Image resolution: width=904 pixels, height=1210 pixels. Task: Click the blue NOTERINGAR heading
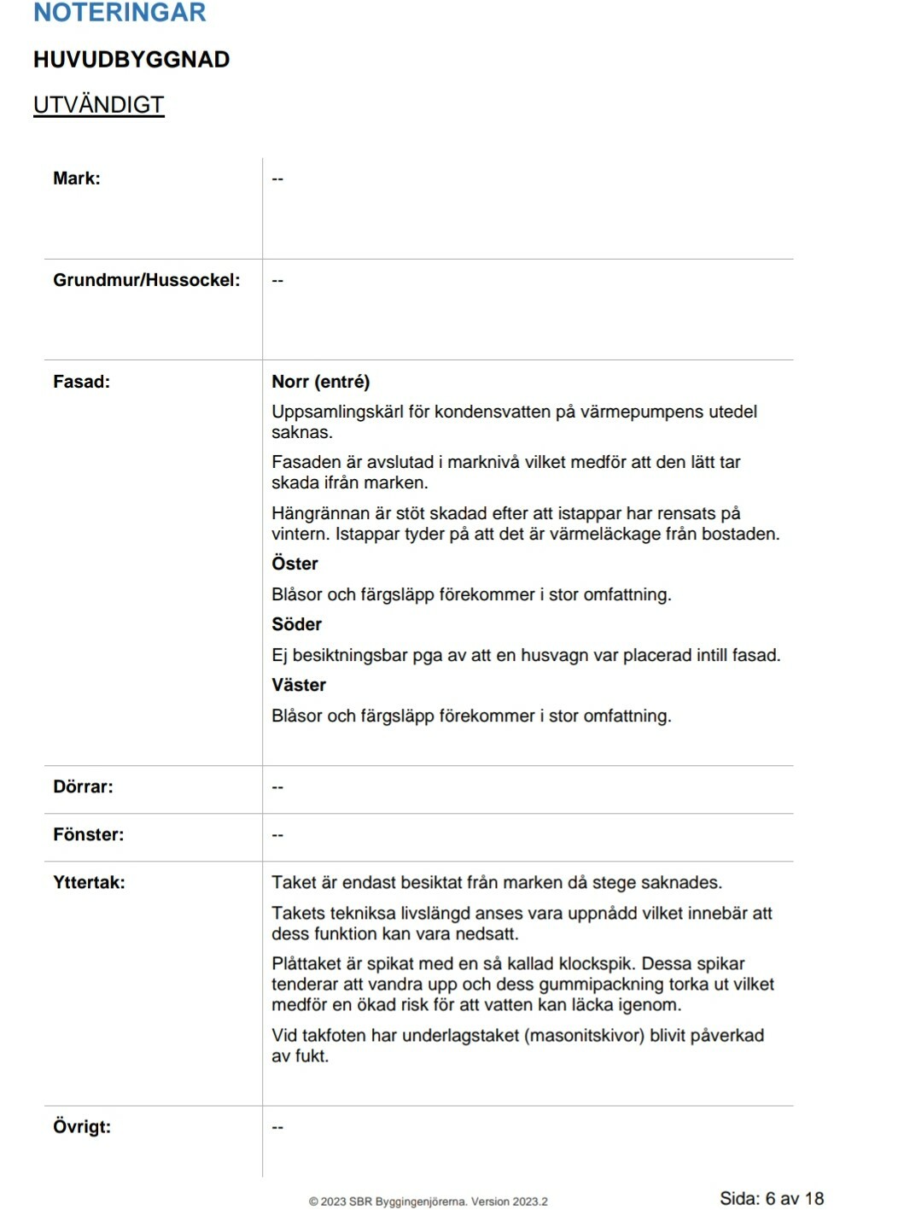(120, 13)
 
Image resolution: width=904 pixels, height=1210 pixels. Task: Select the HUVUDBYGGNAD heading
(131, 60)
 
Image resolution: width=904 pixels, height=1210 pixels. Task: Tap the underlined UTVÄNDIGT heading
(98, 105)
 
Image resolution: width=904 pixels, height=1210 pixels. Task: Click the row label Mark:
(77, 178)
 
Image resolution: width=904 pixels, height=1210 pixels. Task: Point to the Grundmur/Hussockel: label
(147, 280)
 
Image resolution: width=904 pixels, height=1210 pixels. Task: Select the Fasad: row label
(82, 382)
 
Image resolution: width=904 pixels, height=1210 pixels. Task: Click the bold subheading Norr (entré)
(321, 382)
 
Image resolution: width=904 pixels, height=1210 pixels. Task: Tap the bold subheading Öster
(295, 564)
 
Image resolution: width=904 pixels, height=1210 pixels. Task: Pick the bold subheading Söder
(296, 624)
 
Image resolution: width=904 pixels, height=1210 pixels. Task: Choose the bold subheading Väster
(299, 685)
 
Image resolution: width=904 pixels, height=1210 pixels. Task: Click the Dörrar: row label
(83, 786)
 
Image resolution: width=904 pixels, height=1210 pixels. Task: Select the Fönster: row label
(89, 834)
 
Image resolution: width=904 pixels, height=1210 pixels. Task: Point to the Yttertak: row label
(89, 882)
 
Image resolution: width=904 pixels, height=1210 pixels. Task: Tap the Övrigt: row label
(82, 1126)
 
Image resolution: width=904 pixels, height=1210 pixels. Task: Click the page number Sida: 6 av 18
(772, 1198)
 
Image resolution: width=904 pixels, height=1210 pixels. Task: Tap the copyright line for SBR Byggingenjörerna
(428, 1201)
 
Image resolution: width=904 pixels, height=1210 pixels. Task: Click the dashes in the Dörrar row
(277, 786)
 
